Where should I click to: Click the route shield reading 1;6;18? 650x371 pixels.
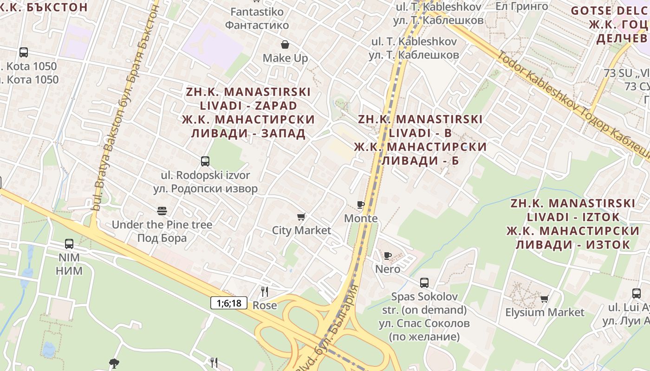[x=229, y=303]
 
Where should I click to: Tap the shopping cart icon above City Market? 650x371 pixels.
[x=301, y=217]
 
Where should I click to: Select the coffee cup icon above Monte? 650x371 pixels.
[x=361, y=205]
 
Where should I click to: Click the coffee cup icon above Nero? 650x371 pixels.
[x=388, y=256]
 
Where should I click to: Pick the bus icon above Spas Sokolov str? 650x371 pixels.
[x=424, y=282]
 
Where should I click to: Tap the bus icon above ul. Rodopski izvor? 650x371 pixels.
[x=205, y=161]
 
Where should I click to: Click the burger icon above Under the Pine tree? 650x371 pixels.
[x=162, y=211]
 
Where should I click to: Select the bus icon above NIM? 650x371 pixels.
[x=69, y=243]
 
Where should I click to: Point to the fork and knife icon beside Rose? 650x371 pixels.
[x=265, y=291]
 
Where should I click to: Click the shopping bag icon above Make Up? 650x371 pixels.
[x=285, y=45]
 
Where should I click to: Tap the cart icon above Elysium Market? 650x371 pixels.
[x=545, y=299]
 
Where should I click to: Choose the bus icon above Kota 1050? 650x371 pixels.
[x=24, y=52]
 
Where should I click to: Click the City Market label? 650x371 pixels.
[x=301, y=230]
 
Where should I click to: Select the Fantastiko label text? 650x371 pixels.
[x=257, y=11]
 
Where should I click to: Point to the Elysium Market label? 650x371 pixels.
[x=545, y=312]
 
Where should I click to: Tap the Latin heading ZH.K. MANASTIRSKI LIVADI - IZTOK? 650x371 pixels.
[x=573, y=210]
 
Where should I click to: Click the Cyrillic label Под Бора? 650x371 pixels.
[x=162, y=238]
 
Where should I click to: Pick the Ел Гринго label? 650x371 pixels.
[x=521, y=6]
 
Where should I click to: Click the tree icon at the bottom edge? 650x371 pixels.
[x=114, y=363]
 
